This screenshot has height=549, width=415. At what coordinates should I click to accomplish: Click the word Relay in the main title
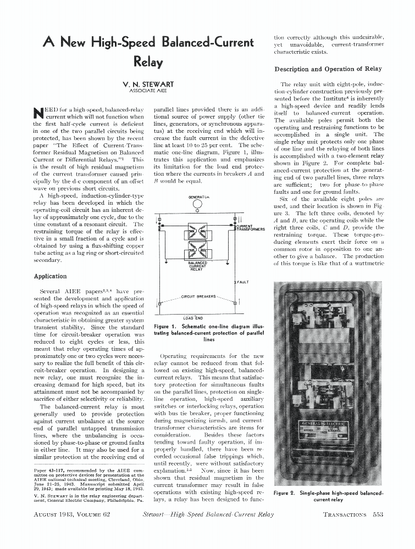click(x=148, y=62)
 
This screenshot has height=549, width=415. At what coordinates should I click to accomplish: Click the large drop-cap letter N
click(x=38, y=114)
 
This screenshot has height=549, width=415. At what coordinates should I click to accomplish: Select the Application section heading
click(x=50, y=277)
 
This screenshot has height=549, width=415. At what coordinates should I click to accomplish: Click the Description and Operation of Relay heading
click(x=328, y=69)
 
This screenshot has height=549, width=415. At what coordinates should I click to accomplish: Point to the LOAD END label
click(x=193, y=318)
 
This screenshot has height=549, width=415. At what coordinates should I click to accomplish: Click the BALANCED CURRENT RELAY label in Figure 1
click(x=196, y=266)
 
